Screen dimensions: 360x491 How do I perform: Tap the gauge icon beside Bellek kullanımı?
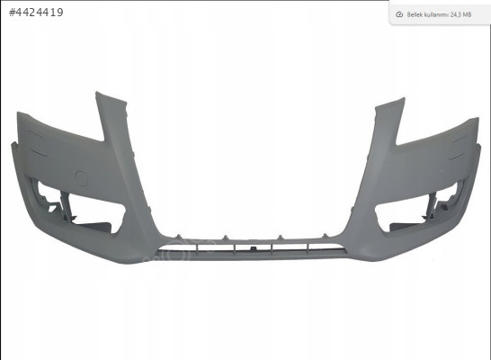pyautogui.click(x=399, y=14)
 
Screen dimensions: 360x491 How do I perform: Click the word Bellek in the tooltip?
pyautogui.click(x=415, y=14)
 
